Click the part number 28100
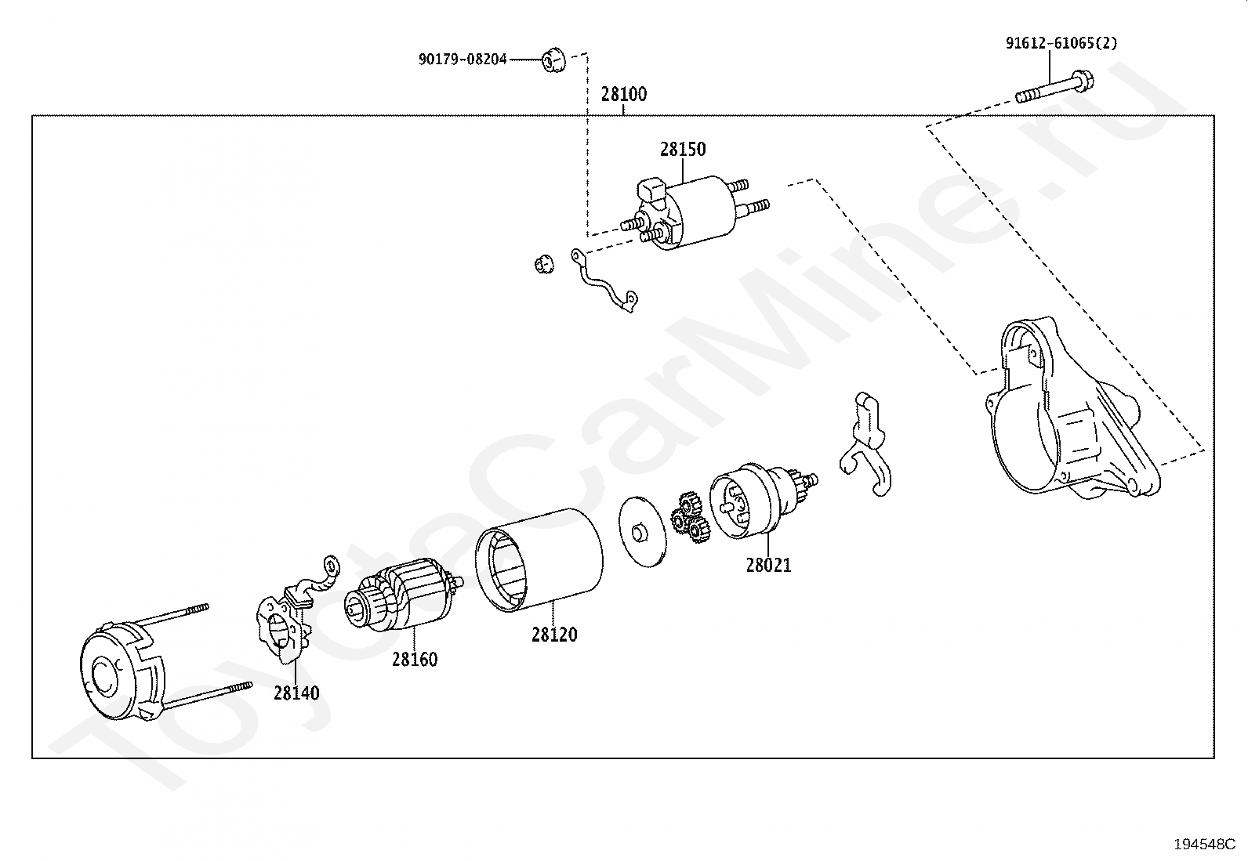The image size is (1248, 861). pyautogui.click(x=624, y=95)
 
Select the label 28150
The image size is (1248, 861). pyautogui.click(x=682, y=149)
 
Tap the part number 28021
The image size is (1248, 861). pyautogui.click(x=768, y=565)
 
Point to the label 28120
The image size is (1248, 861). pyautogui.click(x=553, y=635)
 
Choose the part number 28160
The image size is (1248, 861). pyautogui.click(x=415, y=660)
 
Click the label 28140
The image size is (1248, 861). pyautogui.click(x=296, y=693)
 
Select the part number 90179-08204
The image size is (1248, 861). pyautogui.click(x=463, y=59)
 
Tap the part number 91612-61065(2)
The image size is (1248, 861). pyautogui.click(x=1061, y=43)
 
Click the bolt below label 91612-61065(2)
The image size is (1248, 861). pyautogui.click(x=1054, y=87)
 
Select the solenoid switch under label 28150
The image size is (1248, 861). pyautogui.click(x=690, y=212)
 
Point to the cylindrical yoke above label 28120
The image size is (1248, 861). pyautogui.click(x=541, y=558)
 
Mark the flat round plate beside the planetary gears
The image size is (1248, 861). pyautogui.click(x=640, y=530)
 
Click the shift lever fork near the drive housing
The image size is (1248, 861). pyautogui.click(x=867, y=447)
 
